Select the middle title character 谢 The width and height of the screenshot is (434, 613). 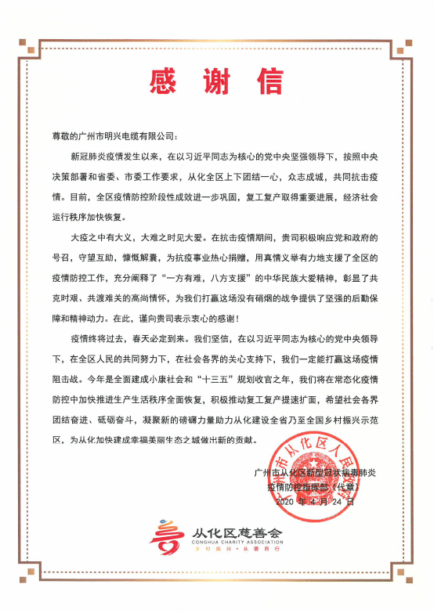tap(215, 81)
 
